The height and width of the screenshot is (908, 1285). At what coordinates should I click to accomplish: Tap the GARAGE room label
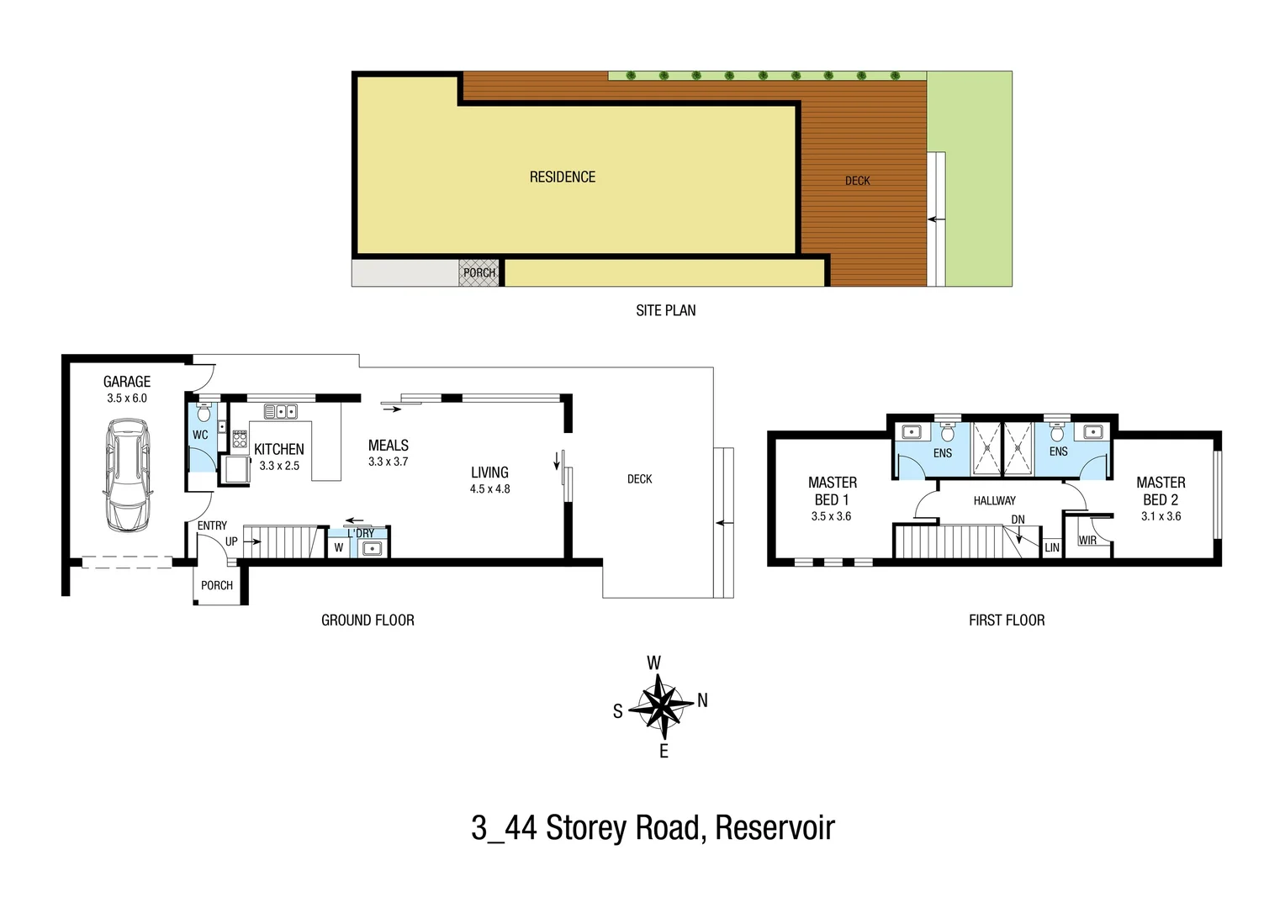coord(127,382)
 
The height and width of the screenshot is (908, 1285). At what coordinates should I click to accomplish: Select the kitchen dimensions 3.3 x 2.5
coord(279,466)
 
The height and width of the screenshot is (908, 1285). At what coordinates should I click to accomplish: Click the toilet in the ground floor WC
coord(203,413)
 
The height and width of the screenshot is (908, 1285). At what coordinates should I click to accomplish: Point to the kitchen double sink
coord(280,411)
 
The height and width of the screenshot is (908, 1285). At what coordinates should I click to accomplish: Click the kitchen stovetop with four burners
coord(240,438)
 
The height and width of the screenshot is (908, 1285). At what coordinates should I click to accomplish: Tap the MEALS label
coord(388,446)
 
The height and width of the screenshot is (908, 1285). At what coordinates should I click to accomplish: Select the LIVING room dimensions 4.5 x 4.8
coord(489,489)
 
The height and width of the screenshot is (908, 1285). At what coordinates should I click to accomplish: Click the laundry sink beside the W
coord(371,549)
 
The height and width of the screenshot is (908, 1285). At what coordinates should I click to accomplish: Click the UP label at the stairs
coord(231,541)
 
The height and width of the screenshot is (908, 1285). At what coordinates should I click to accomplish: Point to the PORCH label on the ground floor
coord(217,586)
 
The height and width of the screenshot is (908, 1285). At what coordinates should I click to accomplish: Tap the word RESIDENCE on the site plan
coord(562,177)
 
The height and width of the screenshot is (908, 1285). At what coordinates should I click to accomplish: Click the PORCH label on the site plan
coord(479,273)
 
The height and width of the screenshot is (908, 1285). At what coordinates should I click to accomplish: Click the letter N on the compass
coord(702,700)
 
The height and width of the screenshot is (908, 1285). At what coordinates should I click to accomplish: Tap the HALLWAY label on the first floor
coord(994,501)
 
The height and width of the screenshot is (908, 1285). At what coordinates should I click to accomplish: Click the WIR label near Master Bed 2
coord(1087,541)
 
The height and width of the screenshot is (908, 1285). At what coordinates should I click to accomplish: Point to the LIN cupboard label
coord(1052,547)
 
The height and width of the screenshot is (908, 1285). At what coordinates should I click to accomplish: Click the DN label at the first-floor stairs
coord(1018,520)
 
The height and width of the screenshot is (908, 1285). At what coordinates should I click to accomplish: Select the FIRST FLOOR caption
coord(1006,620)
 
